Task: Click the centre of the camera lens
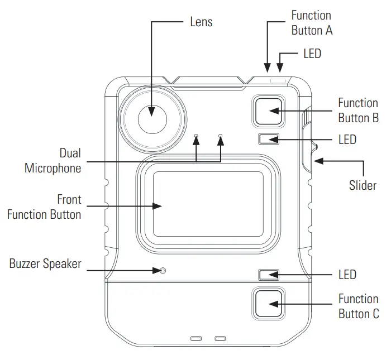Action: tap(152, 119)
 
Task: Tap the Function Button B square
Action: tap(268, 110)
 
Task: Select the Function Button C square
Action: tap(268, 304)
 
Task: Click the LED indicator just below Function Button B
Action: tap(268, 139)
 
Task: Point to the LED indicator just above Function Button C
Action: tap(268, 275)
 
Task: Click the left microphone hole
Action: tap(196, 136)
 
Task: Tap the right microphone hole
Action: tap(221, 136)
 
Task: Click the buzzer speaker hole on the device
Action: tap(163, 271)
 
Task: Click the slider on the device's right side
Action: tap(308, 140)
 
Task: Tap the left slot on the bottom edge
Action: tap(196, 339)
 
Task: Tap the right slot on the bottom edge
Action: tap(221, 339)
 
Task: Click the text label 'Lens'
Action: tap(201, 22)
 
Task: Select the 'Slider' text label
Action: tap(363, 185)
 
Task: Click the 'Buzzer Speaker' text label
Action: tap(45, 264)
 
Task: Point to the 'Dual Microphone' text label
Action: tap(53, 160)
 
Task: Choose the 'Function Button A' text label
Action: tap(312, 23)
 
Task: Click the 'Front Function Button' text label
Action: tap(44, 207)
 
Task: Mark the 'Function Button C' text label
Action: tap(359, 306)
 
